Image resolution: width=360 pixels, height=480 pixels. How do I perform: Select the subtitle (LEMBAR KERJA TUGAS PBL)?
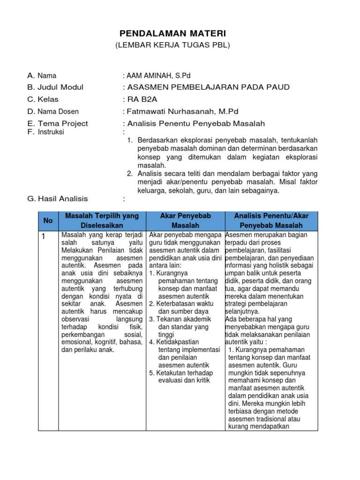(x=173, y=45)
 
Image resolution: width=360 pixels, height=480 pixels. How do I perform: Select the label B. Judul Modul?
(x=55, y=87)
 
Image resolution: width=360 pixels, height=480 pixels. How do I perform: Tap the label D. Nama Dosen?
(x=53, y=112)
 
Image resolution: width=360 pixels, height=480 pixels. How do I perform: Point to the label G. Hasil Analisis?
(x=58, y=199)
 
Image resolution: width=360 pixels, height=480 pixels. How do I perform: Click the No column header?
(x=48, y=220)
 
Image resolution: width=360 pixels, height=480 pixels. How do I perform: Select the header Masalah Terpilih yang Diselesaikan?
(x=102, y=220)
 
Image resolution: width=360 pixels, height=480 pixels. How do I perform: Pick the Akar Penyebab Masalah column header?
(x=186, y=220)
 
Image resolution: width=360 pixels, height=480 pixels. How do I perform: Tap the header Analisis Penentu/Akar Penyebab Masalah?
(x=271, y=220)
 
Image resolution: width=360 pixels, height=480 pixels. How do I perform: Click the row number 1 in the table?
(x=43, y=237)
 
